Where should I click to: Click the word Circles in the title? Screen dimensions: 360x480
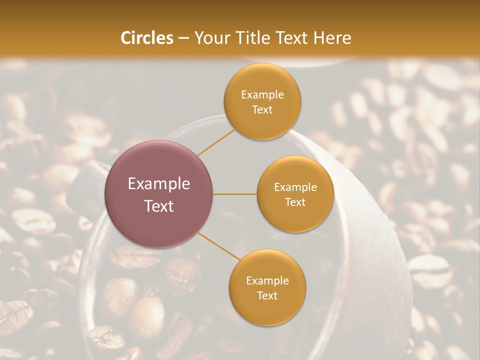[147, 38]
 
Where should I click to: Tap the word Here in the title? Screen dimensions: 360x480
[332, 38]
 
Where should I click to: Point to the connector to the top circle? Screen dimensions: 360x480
[216, 141]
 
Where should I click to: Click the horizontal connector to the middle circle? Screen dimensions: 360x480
[235, 194]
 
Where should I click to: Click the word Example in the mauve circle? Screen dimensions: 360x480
[159, 184]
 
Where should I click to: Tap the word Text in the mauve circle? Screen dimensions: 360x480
[159, 206]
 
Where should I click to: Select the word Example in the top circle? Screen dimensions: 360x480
[262, 95]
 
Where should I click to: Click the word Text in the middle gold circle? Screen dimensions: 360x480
[295, 202]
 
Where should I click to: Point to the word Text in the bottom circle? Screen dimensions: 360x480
[267, 295]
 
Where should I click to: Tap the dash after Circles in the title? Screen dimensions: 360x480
[183, 38]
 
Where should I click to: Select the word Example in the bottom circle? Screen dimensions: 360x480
[267, 280]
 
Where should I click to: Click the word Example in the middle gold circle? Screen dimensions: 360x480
[295, 187]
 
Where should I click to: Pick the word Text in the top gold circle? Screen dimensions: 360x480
[262, 109]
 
